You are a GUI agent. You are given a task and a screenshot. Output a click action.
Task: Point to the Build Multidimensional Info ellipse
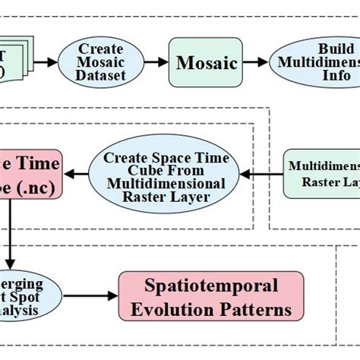315,62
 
